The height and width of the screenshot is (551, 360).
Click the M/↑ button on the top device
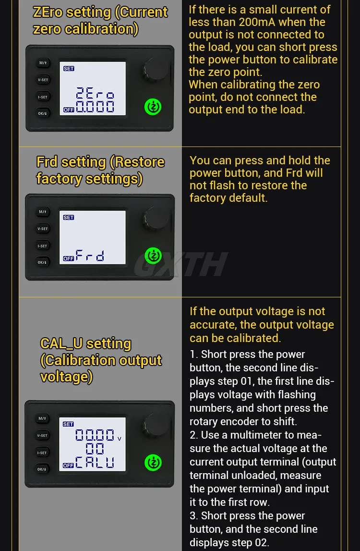43,63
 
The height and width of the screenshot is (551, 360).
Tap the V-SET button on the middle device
43,229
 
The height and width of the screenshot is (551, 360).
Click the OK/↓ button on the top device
43,114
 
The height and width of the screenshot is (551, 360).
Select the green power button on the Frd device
153,255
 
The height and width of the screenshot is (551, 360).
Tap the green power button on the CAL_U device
153,462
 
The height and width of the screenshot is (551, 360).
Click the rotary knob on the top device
156,70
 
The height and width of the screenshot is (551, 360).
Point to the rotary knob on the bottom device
156,425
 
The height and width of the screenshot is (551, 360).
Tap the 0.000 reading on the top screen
96,107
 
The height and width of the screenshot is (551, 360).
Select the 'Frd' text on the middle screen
90,256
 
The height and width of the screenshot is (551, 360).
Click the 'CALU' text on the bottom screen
95,463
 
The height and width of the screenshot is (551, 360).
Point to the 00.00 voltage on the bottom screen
95,436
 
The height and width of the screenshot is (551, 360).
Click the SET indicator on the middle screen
69,218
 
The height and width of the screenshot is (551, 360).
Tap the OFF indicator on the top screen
69,110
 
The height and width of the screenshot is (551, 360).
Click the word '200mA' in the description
257,22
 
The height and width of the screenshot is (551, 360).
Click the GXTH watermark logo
180,264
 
